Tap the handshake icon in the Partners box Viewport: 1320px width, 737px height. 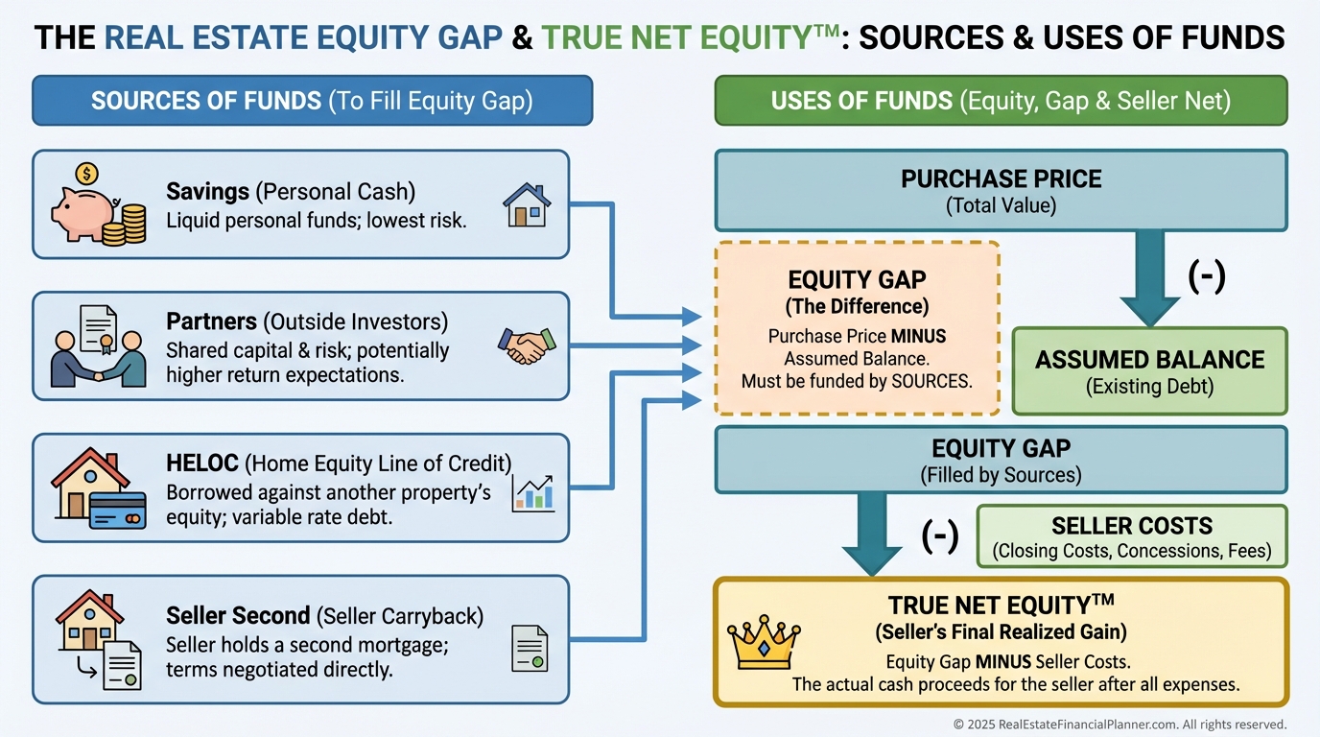point(527,345)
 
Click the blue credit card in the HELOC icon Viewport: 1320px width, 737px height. point(118,510)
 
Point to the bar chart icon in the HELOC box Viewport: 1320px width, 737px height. point(533,493)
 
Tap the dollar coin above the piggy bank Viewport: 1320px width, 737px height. point(87,174)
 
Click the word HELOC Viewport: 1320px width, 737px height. point(202,464)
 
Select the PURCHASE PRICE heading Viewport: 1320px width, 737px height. point(1002,178)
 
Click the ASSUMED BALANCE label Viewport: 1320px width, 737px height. point(1149,360)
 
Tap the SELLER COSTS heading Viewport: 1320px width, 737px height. point(1132,525)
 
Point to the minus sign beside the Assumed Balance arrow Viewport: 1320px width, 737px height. point(1207,276)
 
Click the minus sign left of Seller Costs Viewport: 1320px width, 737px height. point(940,535)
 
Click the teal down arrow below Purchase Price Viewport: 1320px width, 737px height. point(1149,277)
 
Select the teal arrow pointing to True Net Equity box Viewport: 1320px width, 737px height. point(872,535)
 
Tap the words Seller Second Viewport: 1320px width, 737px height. point(238,615)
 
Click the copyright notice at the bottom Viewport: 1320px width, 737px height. point(1120,724)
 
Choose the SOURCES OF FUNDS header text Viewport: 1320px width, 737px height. point(206,101)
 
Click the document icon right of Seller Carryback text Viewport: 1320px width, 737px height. point(530,649)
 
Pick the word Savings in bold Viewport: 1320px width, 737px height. point(207,192)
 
